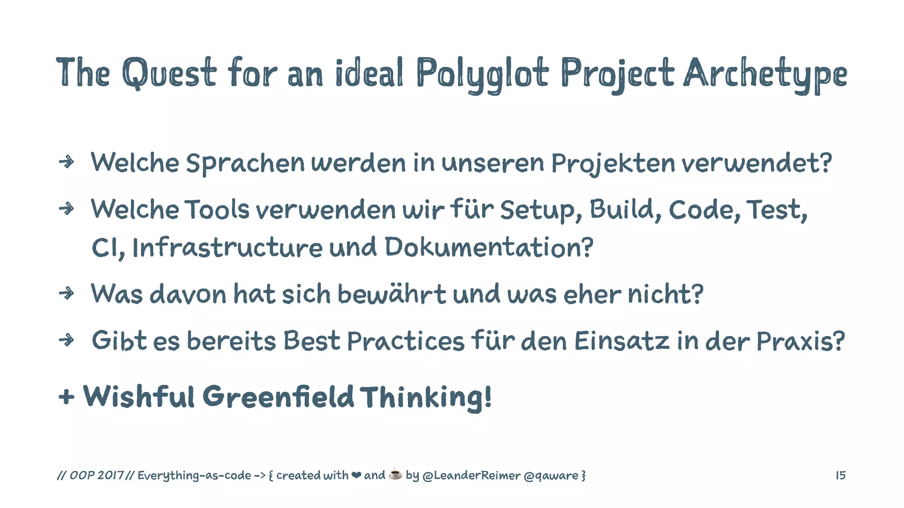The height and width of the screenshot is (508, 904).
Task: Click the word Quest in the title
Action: point(169,73)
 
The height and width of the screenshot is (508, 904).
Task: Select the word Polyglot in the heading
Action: point(482,74)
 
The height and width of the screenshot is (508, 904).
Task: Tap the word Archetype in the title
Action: point(765,74)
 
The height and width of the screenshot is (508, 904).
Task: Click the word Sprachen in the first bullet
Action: point(245,163)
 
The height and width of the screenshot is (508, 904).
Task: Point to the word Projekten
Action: point(613,163)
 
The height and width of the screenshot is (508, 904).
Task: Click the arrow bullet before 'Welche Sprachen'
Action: point(66,162)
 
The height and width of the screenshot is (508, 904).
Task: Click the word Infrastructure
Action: point(227,247)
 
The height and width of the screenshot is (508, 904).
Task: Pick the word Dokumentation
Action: point(489,247)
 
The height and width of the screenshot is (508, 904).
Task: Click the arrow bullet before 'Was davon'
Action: point(66,293)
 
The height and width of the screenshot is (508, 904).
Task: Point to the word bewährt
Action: point(392,294)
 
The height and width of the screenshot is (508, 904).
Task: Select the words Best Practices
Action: point(373,341)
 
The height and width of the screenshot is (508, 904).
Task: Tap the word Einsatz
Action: point(622,341)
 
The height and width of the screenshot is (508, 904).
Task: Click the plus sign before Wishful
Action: point(66,397)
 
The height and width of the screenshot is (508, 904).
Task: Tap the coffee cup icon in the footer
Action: point(395,474)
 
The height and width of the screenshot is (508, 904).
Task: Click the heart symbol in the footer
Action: point(356,475)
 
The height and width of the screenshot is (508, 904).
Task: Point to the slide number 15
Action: point(840,475)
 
